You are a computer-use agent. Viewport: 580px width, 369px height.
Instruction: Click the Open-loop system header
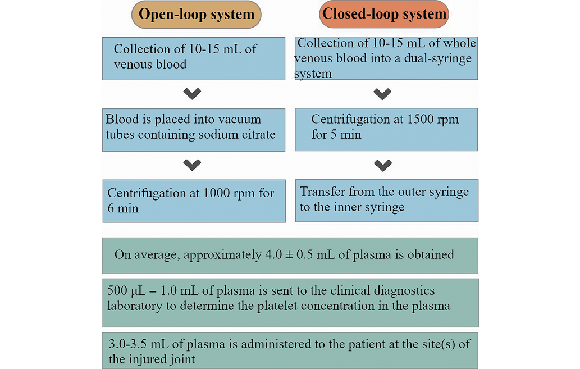[196, 15]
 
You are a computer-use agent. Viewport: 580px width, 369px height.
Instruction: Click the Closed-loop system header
[385, 15]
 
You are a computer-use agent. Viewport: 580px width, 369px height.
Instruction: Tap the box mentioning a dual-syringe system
[386, 58]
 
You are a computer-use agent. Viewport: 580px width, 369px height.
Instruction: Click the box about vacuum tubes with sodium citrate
[194, 127]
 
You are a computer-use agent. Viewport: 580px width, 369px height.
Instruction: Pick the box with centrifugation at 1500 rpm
[386, 127]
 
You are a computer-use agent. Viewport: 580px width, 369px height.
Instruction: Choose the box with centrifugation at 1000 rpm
[194, 201]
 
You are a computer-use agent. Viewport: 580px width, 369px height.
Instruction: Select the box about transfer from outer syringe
[386, 200]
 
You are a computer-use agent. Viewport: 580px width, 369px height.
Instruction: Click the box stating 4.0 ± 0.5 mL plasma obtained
[290, 254]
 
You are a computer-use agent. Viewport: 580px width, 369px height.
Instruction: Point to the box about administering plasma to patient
[290, 350]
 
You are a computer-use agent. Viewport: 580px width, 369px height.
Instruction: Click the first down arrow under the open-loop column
[192, 93]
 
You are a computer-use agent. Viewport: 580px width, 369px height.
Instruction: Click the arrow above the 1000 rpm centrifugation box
[192, 165]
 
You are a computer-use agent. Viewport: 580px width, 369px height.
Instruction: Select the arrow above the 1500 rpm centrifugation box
[382, 93]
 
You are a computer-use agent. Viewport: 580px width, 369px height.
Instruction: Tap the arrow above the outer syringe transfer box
[382, 165]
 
